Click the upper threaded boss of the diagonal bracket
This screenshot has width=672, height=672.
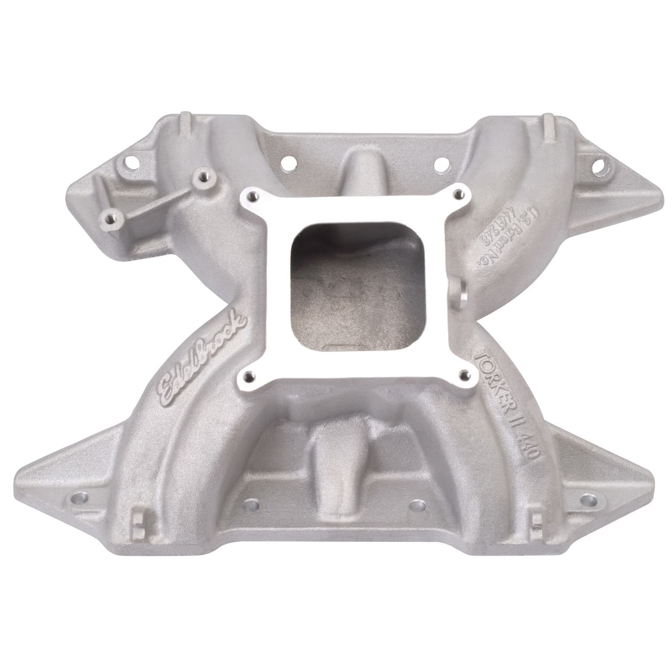click(200, 176)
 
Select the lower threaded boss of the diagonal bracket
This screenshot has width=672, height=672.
click(108, 219)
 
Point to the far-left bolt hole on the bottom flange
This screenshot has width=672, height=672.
click(73, 498)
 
